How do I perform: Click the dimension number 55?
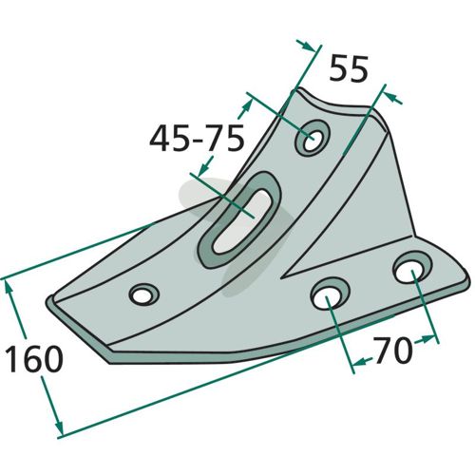tap(349, 68)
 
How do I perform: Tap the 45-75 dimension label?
tap(197, 139)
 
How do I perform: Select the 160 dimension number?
tap(34, 358)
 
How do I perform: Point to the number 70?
tap(392, 351)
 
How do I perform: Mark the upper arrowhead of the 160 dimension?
tap(11, 289)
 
